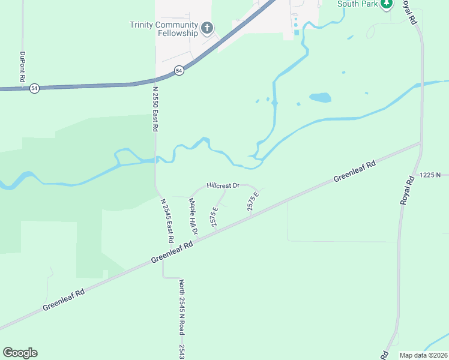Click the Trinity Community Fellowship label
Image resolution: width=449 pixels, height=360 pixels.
tap(164, 29)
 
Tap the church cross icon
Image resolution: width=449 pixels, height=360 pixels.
tap(207, 28)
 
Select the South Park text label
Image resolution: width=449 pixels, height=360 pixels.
tap(357, 4)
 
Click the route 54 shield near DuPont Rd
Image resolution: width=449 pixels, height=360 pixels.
tap(34, 88)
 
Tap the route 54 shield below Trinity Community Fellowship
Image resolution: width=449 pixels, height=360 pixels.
tap(179, 71)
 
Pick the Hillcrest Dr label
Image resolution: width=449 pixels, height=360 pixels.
tap(223, 186)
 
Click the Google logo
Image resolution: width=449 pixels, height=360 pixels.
tap(20, 352)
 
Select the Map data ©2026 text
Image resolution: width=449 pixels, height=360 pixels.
tap(423, 355)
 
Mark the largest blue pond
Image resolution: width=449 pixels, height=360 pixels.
tap(320, 97)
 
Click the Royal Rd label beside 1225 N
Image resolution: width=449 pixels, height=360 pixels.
tap(408, 190)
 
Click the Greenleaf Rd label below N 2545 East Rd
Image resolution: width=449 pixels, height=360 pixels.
tap(172, 252)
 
